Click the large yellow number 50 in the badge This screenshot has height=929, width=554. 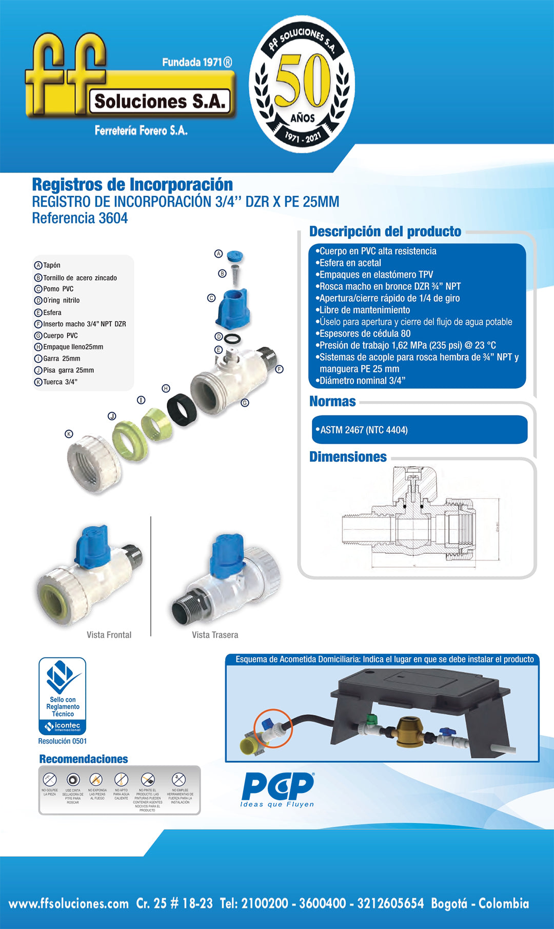tap(302, 82)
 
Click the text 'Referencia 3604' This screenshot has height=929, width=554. tap(80, 218)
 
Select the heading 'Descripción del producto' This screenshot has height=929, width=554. tap(385, 231)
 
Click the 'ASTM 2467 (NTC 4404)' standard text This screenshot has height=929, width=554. tap(364, 430)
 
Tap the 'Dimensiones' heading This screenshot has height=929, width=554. tap(348, 457)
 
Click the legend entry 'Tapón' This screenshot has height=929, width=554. tap(51, 265)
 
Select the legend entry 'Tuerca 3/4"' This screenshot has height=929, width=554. tap(60, 382)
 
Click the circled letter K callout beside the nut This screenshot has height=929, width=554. tap(69, 434)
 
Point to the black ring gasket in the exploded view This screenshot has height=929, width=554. tap(183, 409)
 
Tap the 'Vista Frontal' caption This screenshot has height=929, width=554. tap(109, 635)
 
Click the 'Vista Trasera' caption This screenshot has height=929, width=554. tap(215, 635)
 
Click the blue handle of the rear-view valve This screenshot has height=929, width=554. tap(227, 555)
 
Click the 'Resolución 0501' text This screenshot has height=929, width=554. tap(63, 741)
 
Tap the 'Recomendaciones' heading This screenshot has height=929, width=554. tap(84, 759)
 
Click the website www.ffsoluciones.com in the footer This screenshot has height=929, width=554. tap(69, 904)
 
